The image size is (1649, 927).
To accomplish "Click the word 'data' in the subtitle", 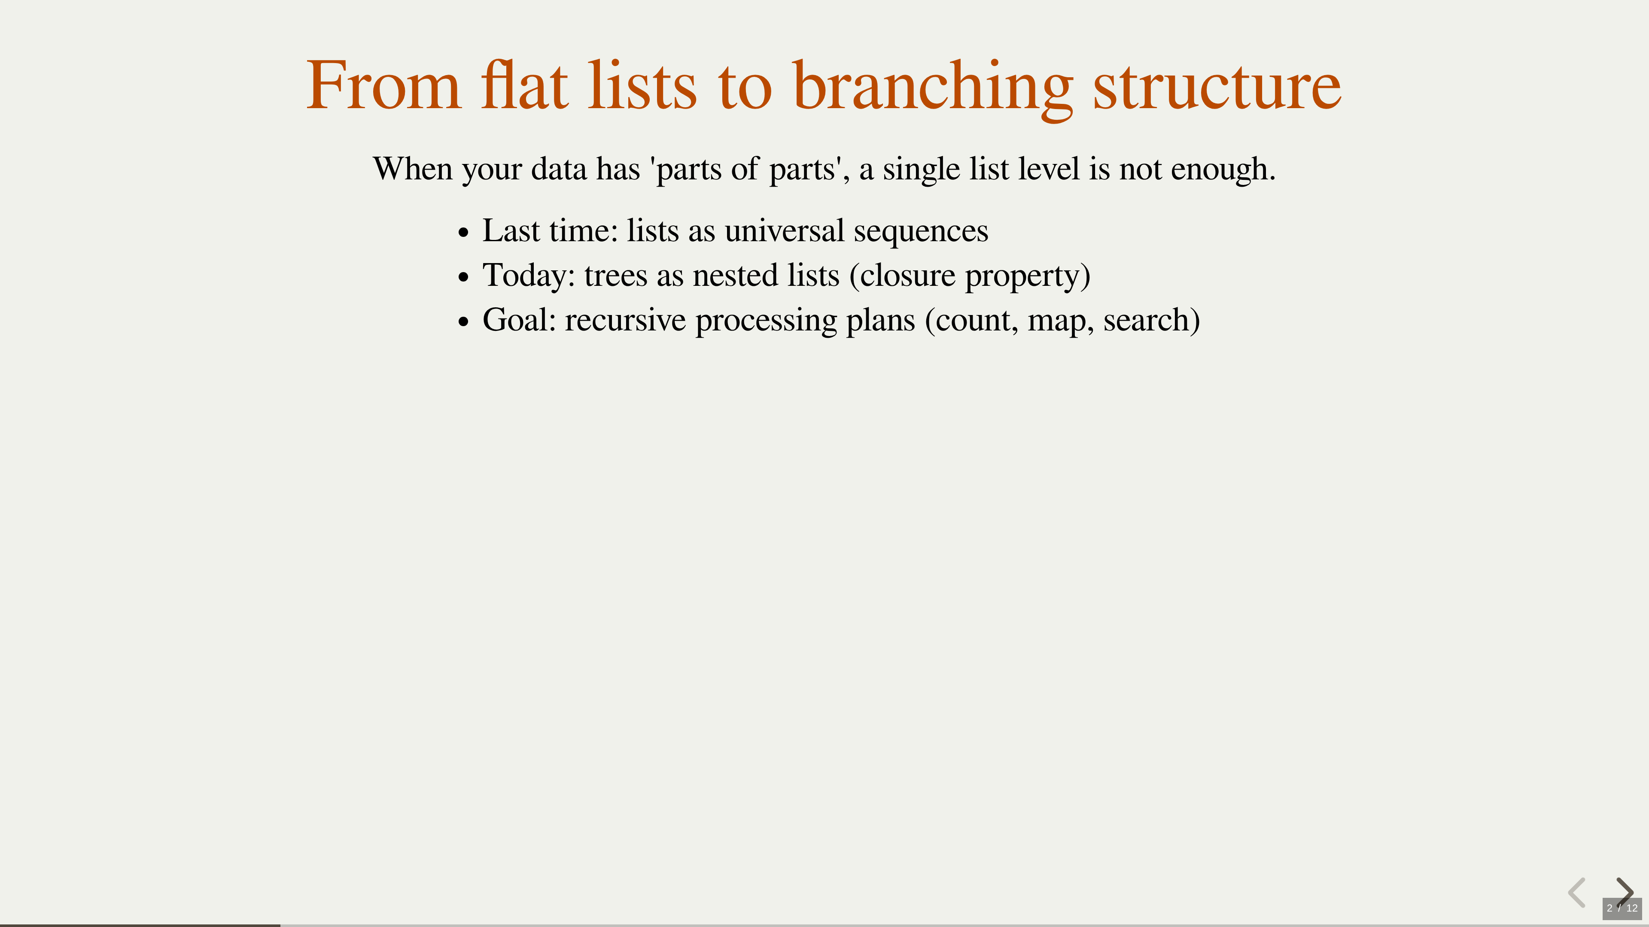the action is pyautogui.click(x=559, y=169).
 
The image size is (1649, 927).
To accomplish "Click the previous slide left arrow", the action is pyautogui.click(x=1577, y=893).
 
